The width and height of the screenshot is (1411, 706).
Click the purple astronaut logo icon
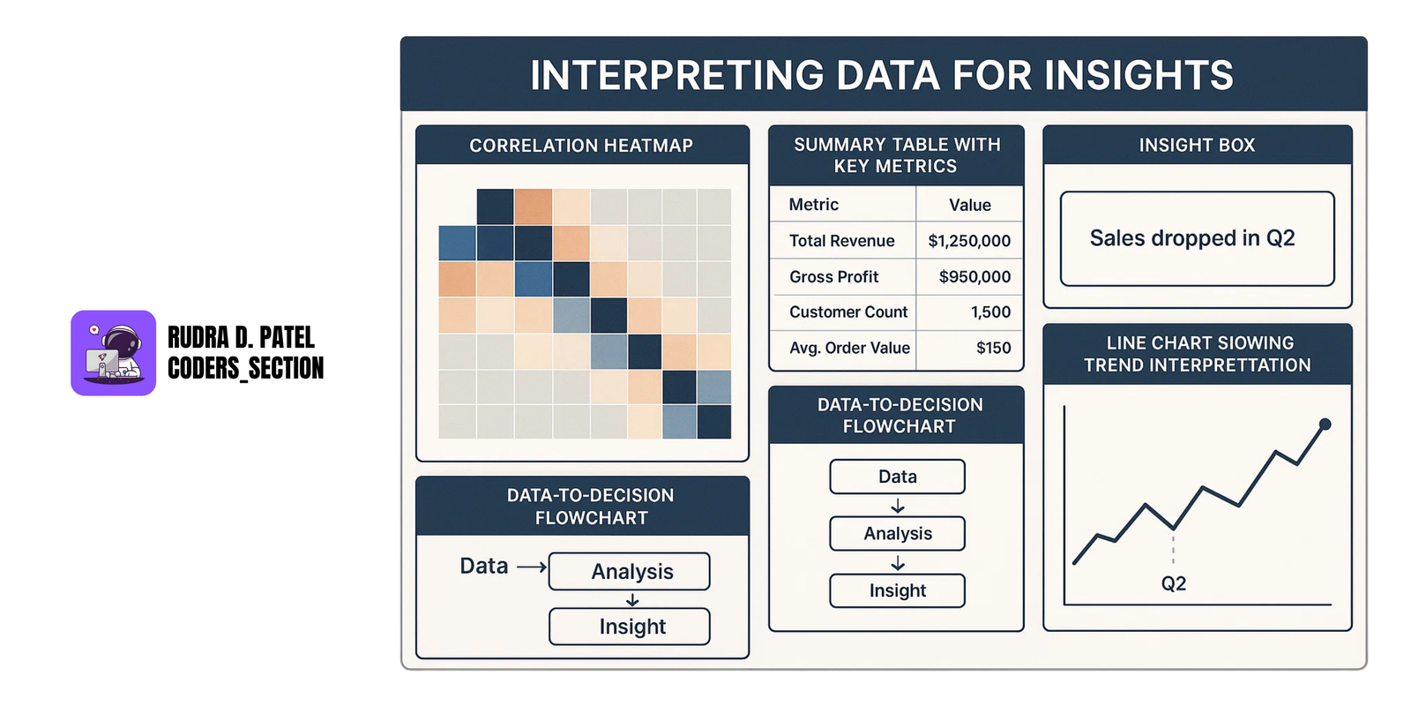tap(113, 353)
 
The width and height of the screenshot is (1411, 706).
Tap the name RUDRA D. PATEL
tap(241, 337)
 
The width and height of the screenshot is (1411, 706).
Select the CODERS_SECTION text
tap(245, 368)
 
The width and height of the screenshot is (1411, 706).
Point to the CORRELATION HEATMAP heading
tap(581, 146)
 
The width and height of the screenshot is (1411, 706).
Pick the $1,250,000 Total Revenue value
tap(969, 241)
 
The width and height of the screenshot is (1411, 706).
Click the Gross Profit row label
tap(834, 277)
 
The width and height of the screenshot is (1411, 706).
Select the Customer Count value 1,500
tap(990, 312)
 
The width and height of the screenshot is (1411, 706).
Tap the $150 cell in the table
tap(993, 349)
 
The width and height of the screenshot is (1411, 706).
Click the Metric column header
tap(813, 205)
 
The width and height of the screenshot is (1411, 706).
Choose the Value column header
tap(970, 206)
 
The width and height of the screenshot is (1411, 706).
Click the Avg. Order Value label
tap(849, 349)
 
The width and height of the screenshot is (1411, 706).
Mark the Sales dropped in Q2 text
tap(1192, 238)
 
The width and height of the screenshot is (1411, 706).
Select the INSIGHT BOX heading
tap(1197, 146)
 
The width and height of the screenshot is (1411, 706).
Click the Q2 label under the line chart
tap(1174, 584)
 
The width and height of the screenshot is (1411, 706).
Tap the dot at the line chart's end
tap(1325, 424)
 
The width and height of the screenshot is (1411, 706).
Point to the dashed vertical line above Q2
tap(1174, 548)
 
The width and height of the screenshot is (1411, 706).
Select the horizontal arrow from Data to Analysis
tap(532, 567)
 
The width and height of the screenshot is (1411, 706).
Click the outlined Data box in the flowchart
tap(897, 477)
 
